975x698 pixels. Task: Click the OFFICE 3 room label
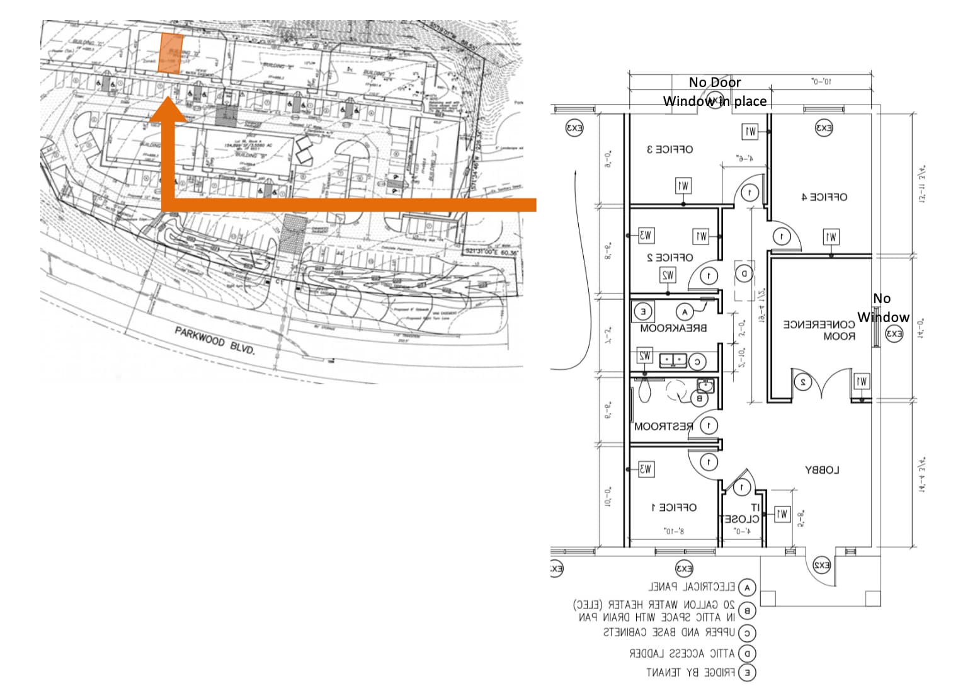pyautogui.click(x=670, y=149)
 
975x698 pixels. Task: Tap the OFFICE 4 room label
pyautogui.click(x=824, y=197)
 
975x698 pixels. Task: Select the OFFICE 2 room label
pyautogui.click(x=670, y=258)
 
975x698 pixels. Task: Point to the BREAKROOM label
pyautogui.click(x=673, y=328)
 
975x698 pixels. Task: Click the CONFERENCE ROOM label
pyautogui.click(x=819, y=330)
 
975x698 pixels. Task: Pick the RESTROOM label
pyautogui.click(x=663, y=426)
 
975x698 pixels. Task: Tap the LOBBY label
pyautogui.click(x=822, y=470)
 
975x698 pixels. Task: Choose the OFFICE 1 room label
pyautogui.click(x=673, y=507)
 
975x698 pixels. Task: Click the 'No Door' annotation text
pyautogui.click(x=714, y=82)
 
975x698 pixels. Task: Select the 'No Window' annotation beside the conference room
pyautogui.click(x=883, y=307)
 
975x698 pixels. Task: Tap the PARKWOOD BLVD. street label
pyautogui.click(x=215, y=340)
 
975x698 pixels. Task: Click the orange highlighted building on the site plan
pyautogui.click(x=171, y=53)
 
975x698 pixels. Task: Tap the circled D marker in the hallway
pyautogui.click(x=744, y=273)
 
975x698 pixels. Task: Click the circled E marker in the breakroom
pyautogui.click(x=643, y=311)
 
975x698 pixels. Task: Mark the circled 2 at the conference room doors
pyautogui.click(x=802, y=382)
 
